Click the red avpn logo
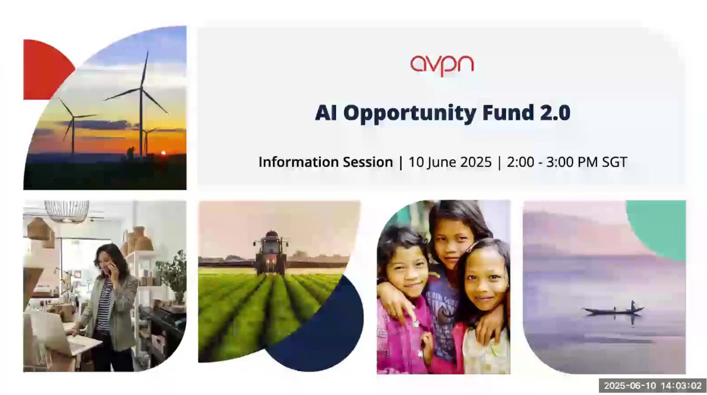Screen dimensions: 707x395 pyautogui.click(x=442, y=66)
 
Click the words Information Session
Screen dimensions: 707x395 pyautogui.click(x=326, y=162)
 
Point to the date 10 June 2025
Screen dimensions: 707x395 pyautogui.click(x=450, y=162)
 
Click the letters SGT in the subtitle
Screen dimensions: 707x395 pyautogui.click(x=614, y=162)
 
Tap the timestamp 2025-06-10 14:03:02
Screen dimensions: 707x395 pyautogui.click(x=652, y=385)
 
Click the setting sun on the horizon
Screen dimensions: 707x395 pyautogui.click(x=163, y=153)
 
